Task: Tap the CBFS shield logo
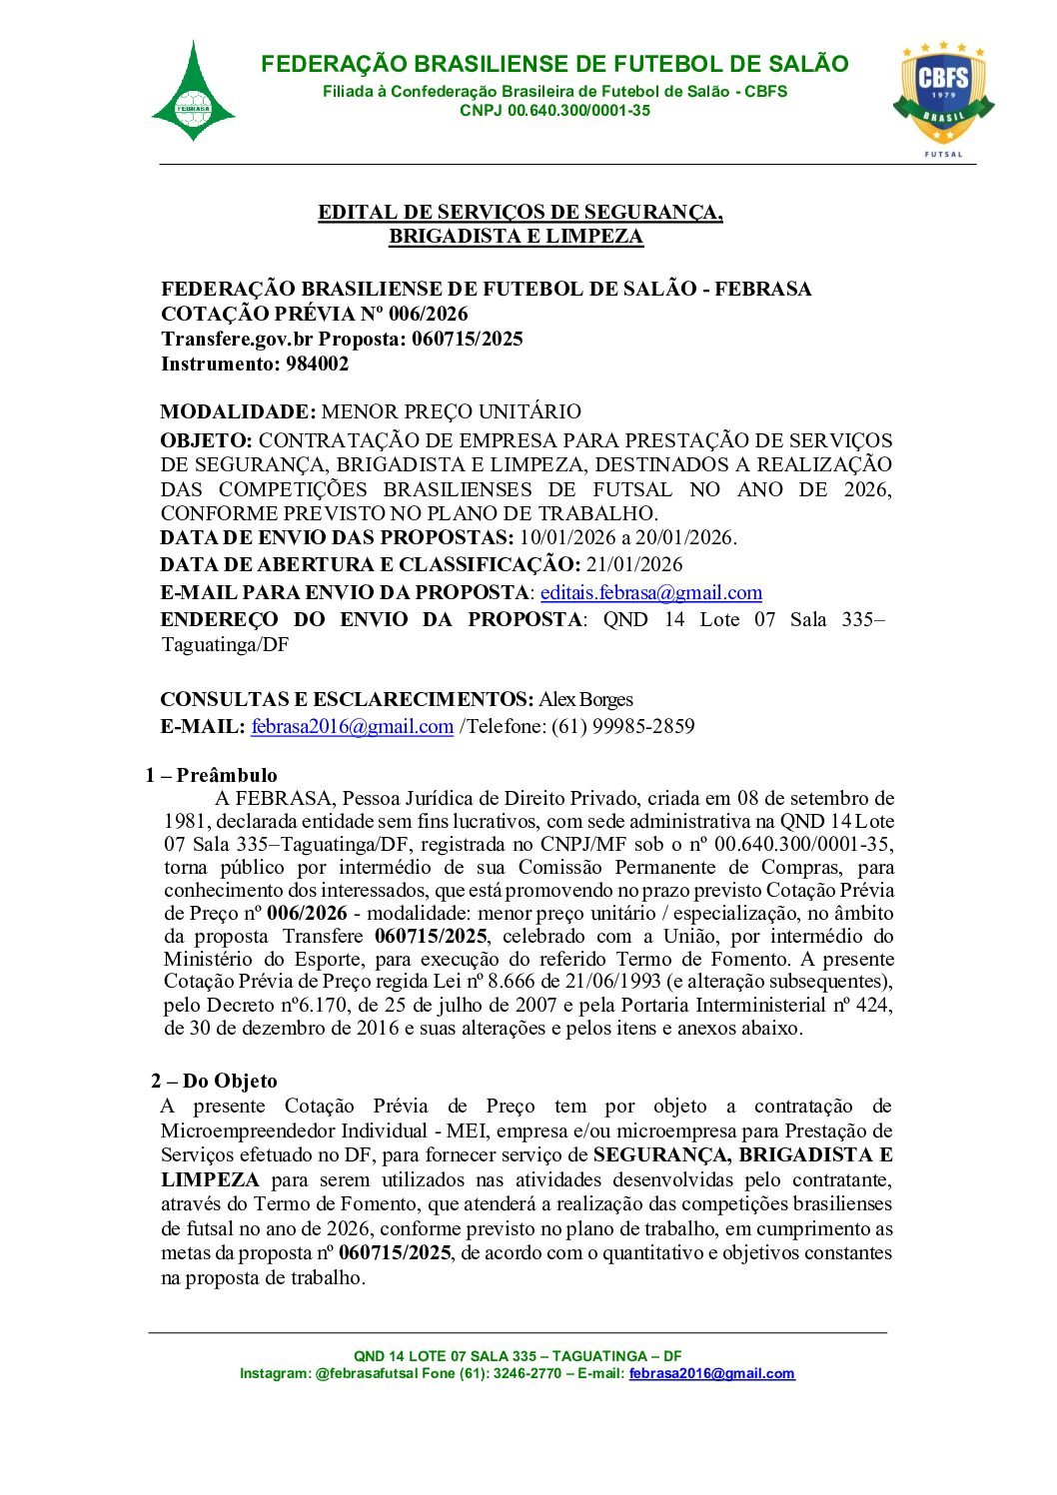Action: pos(943,93)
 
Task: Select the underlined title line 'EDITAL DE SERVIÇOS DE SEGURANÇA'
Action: pos(520,213)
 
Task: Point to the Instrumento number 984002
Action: pos(317,365)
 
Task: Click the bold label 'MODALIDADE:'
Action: pos(238,412)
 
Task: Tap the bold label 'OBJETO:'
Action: pos(206,440)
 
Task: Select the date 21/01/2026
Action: pos(634,565)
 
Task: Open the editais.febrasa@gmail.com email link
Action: pos(651,593)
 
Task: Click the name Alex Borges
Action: pos(586,700)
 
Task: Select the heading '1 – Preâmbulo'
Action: pos(211,776)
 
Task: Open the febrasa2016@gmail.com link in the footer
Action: pos(711,1374)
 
